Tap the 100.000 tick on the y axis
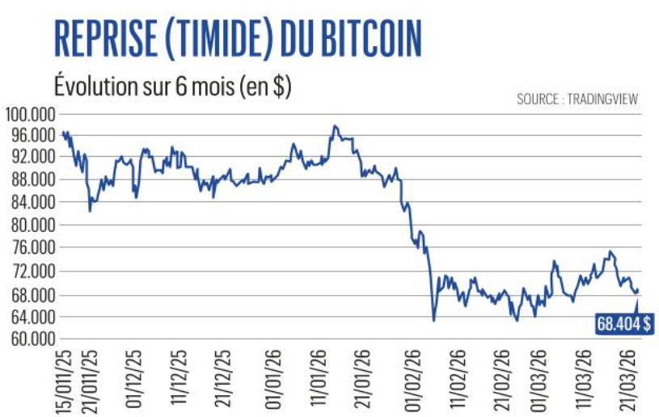[29, 112]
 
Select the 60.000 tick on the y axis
[31, 339]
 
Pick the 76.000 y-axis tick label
[31, 248]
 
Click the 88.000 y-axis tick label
[31, 180]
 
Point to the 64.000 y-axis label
[31, 317]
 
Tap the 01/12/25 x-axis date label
[135, 379]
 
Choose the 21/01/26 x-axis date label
[361, 379]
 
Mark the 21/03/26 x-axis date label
[635, 379]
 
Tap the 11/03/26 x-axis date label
[587, 379]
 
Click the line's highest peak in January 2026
[334, 126]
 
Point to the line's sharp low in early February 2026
[434, 320]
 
